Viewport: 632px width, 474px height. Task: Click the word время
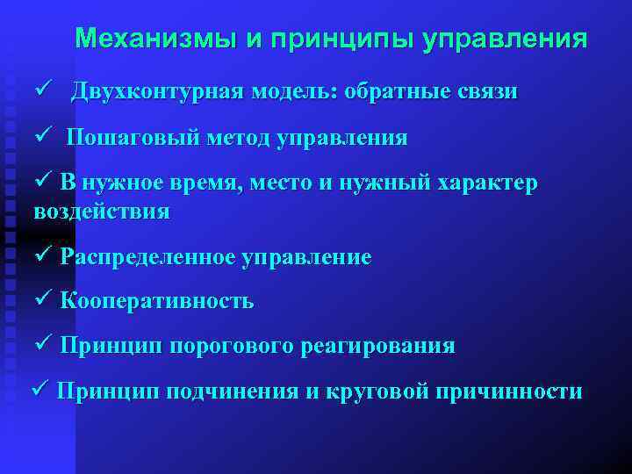point(198,183)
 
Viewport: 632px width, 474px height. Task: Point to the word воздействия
point(102,212)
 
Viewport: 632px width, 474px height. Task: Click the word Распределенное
point(148,257)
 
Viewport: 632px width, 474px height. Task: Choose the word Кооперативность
point(157,301)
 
